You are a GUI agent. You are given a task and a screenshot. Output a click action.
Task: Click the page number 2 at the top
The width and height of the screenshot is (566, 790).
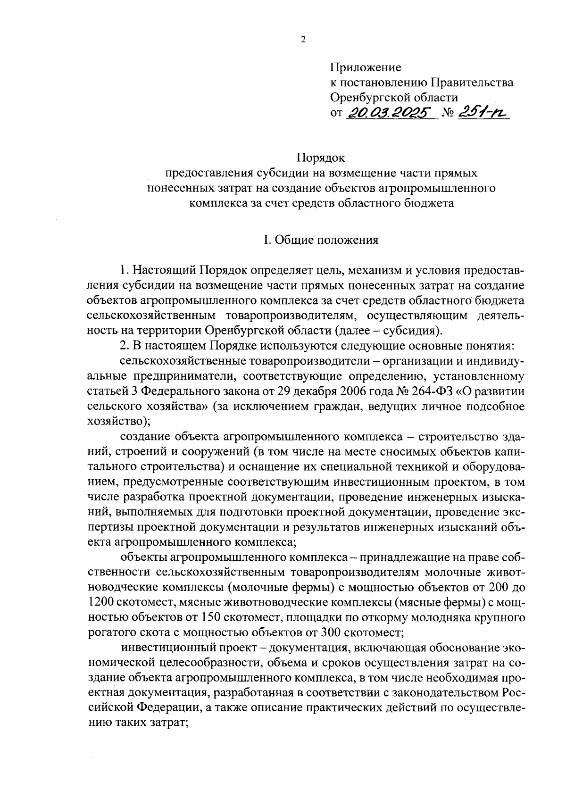point(303,40)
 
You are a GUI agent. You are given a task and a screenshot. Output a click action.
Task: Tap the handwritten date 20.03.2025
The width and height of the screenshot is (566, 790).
point(390,113)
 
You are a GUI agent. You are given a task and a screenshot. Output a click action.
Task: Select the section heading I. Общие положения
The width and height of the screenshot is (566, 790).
point(321,240)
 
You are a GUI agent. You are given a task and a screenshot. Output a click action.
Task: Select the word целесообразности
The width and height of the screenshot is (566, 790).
point(206,662)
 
